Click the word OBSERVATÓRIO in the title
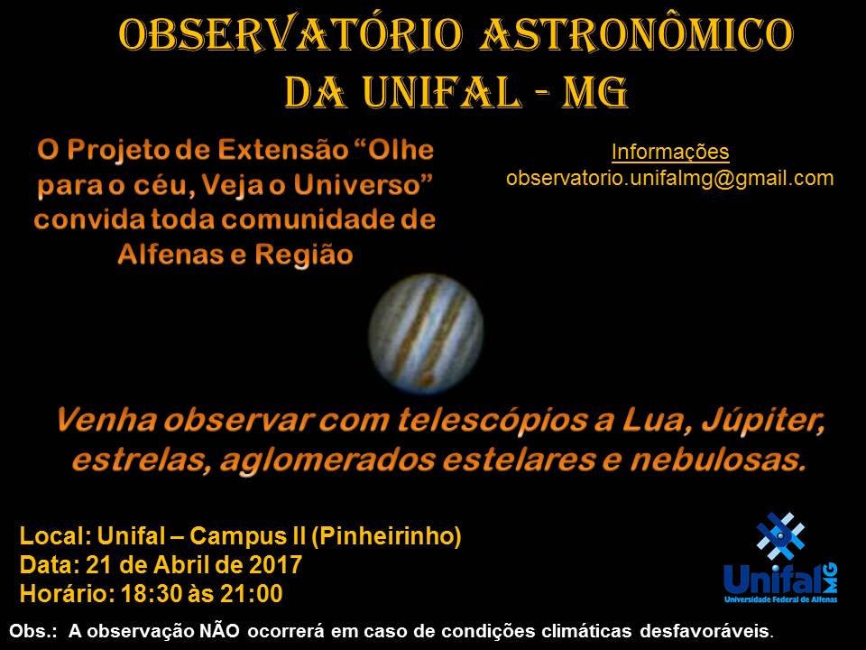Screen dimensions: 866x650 [290, 35]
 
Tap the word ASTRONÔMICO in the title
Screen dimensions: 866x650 [637, 33]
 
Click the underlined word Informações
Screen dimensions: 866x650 [670, 152]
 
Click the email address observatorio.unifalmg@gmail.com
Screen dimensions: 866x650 [670, 178]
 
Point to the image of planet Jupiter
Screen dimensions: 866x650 [426, 333]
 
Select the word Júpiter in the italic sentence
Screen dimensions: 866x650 [763, 422]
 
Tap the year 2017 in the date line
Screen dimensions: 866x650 [275, 565]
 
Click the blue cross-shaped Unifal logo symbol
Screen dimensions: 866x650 [780, 536]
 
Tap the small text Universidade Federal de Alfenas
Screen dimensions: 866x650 [780, 599]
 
